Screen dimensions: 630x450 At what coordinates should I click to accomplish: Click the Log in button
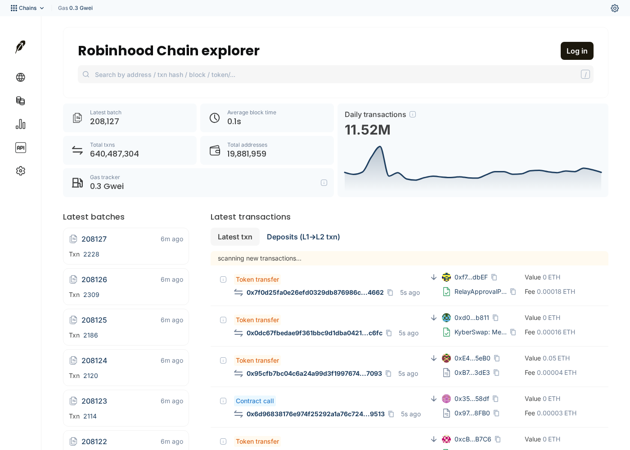[577, 51]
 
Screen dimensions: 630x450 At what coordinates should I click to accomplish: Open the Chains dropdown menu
[27, 8]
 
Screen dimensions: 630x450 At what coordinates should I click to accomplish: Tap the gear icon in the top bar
[615, 8]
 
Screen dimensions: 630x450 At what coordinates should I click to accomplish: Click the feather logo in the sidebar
[20, 47]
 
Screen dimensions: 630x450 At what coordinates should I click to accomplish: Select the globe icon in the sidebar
[21, 77]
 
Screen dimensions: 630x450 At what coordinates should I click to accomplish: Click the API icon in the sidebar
[21, 148]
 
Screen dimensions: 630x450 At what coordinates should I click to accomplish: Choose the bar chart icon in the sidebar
[21, 124]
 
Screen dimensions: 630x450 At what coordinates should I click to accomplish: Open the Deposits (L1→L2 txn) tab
[303, 237]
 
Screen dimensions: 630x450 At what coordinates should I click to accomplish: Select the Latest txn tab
[235, 237]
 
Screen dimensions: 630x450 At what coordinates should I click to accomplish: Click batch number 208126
[94, 279]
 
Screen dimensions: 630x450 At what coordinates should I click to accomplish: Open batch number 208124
[94, 360]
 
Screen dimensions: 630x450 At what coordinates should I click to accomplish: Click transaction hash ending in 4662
[315, 292]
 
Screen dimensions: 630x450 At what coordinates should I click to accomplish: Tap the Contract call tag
[255, 401]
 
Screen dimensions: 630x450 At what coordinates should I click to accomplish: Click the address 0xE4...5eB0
[472, 358]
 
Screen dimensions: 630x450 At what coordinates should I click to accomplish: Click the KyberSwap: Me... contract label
[481, 332]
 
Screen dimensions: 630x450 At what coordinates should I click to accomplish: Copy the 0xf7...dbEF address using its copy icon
[494, 277]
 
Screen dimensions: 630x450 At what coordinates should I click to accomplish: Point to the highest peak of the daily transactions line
[380, 147]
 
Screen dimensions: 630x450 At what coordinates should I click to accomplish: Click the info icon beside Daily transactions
[413, 114]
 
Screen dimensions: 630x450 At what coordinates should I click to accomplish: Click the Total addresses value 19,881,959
[247, 154]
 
